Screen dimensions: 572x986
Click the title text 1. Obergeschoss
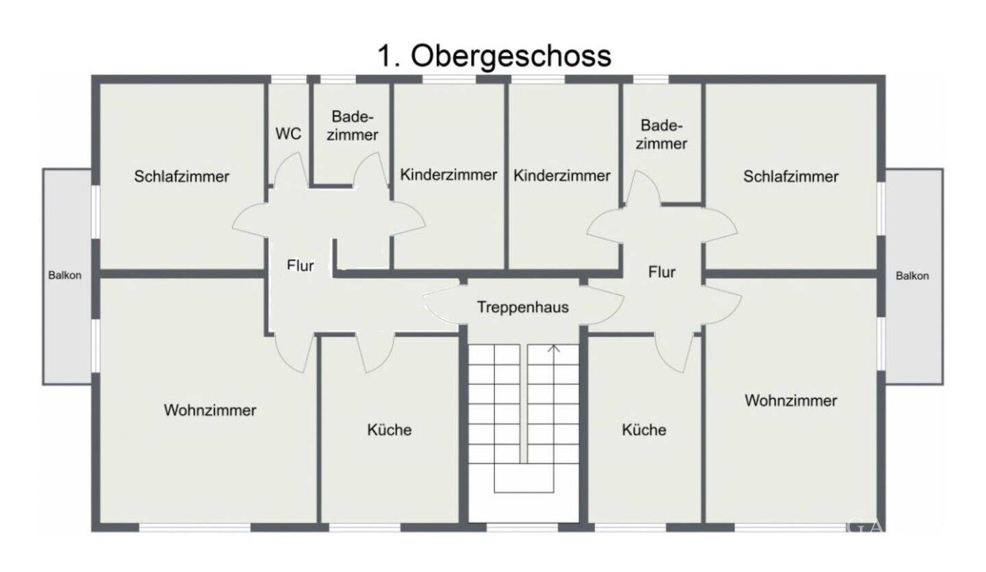[494, 56]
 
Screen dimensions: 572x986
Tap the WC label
[288, 134]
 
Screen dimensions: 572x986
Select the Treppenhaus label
[522, 307]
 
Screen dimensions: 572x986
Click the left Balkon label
[64, 275]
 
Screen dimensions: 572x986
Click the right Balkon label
[912, 275]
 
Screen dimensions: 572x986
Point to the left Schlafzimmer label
[181, 176]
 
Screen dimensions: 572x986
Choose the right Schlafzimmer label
[791, 176]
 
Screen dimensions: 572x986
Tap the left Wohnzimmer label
[210, 410]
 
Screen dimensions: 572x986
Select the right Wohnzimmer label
[791, 400]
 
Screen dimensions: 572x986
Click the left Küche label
[390, 430]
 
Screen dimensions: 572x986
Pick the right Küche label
[644, 430]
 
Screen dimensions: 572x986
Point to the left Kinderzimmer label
[448, 175]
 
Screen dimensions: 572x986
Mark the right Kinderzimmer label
[561, 175]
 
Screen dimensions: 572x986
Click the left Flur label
[300, 265]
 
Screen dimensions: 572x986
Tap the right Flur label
[661, 272]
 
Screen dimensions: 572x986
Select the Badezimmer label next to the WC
[352, 125]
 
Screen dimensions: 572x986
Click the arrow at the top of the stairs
[554, 349]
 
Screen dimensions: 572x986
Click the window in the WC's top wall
[288, 79]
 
